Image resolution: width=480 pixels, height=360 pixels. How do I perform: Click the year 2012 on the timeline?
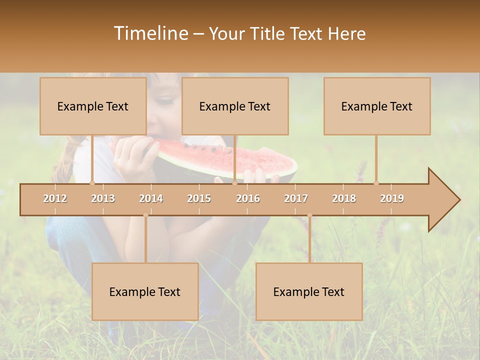click(55, 198)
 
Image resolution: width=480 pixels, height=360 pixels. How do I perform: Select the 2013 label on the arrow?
click(103, 198)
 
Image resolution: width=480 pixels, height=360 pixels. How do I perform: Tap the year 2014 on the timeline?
click(151, 198)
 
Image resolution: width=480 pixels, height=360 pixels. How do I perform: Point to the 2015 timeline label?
click(199, 198)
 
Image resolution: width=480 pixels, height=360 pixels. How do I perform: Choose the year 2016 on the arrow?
click(248, 198)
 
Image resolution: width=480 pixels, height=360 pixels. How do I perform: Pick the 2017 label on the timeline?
click(296, 198)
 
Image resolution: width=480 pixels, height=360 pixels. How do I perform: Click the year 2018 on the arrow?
click(344, 198)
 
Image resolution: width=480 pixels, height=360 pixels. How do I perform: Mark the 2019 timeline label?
click(392, 198)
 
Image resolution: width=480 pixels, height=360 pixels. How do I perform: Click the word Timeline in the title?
click(150, 33)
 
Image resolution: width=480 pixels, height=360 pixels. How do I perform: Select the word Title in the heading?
click(268, 34)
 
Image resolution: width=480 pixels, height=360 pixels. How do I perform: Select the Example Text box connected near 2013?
click(93, 106)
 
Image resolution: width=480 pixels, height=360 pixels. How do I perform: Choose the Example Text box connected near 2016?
click(235, 106)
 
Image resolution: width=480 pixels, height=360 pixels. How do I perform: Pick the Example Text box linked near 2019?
click(377, 106)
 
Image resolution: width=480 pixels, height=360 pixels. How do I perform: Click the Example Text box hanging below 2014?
click(145, 291)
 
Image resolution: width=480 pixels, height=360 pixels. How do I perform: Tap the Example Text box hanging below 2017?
click(309, 291)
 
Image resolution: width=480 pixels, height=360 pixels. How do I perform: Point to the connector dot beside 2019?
click(376, 182)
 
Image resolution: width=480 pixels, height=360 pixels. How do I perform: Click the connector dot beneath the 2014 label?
click(145, 215)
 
